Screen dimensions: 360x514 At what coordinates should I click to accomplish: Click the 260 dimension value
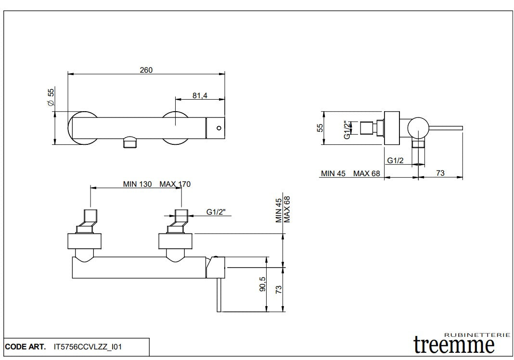[146, 70]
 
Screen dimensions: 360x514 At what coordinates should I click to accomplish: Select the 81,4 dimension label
[200, 95]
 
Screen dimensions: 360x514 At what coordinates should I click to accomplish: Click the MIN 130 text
[138, 184]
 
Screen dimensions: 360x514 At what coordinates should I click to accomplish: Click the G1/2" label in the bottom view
[216, 212]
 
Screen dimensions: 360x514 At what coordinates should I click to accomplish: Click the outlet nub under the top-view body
[130, 142]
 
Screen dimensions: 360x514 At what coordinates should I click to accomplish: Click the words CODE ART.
[26, 346]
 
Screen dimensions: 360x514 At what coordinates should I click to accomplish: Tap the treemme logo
[454, 344]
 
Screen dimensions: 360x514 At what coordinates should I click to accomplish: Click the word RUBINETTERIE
[476, 334]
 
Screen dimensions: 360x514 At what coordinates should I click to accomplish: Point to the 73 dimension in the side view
[440, 173]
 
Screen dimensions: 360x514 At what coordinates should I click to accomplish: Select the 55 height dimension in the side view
[319, 127]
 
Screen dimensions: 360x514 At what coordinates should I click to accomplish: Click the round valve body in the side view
[417, 128]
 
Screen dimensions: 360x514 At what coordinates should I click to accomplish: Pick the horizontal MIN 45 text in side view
[334, 173]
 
